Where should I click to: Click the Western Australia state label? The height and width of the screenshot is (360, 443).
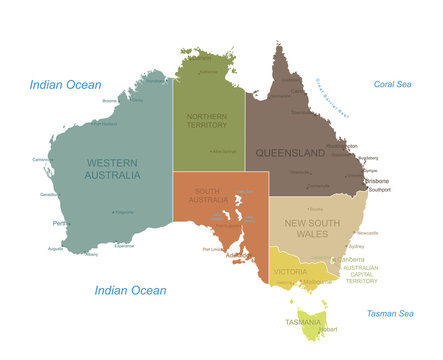[x=111, y=169]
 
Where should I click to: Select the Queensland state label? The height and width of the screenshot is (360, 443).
[x=290, y=153]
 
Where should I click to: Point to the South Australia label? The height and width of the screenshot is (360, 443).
[x=207, y=196]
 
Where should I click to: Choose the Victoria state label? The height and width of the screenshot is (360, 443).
[x=290, y=271]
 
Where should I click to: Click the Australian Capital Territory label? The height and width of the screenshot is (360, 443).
[x=361, y=274]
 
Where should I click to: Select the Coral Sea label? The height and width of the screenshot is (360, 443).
[x=392, y=85]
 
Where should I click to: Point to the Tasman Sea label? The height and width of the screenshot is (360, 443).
[x=390, y=314]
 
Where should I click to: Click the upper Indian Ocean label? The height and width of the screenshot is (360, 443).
[x=65, y=85]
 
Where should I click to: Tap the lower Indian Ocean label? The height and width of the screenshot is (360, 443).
[x=130, y=290]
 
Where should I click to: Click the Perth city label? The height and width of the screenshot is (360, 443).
[x=61, y=223]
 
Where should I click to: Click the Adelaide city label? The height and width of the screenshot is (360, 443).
[x=240, y=256]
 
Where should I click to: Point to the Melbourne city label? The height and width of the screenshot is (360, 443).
[x=318, y=282]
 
